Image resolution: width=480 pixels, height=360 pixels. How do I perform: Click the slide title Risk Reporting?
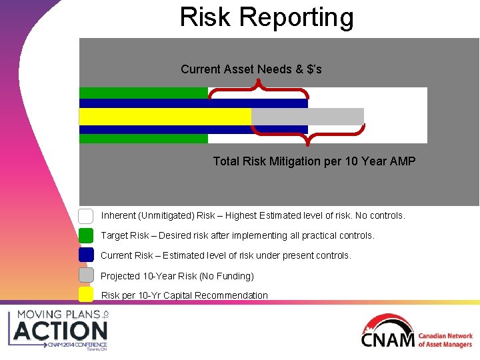(267, 17)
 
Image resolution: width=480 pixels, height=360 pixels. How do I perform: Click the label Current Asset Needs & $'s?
(251, 69)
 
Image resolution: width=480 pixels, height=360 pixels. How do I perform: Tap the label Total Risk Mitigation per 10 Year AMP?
(314, 161)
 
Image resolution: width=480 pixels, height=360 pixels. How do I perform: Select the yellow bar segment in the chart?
(165, 117)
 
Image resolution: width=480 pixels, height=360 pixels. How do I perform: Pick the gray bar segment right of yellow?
(307, 117)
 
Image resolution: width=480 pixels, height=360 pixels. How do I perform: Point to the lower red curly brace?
(307, 137)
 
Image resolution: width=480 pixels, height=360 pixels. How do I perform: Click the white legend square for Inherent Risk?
(86, 216)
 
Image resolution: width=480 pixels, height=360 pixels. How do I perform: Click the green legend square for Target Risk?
(86, 235)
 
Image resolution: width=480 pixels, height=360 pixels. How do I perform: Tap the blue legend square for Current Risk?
(86, 255)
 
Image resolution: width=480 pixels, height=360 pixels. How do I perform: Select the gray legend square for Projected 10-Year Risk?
(86, 275)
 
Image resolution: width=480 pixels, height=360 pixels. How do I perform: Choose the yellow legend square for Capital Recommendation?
(86, 295)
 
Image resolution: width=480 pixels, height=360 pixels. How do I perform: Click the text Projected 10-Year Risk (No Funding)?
(177, 276)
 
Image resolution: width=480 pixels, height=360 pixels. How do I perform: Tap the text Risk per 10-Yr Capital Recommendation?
(184, 295)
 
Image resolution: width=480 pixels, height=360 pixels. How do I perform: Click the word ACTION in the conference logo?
(61, 331)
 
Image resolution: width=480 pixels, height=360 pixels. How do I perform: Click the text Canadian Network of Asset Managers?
(445, 340)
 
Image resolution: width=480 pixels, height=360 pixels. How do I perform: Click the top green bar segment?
(143, 93)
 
